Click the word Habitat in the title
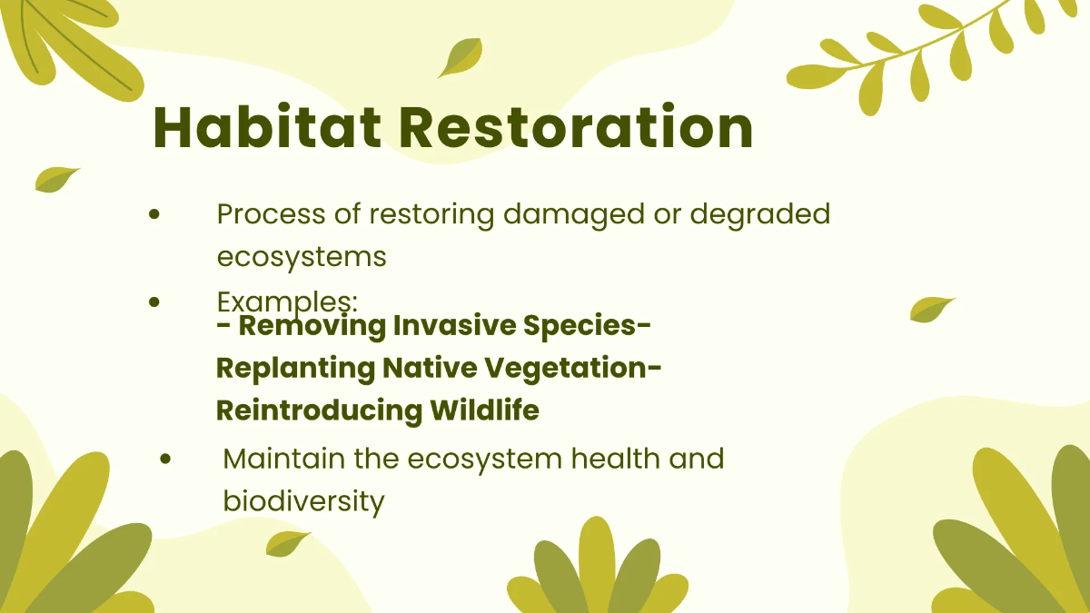[267, 126]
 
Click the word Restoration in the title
[577, 126]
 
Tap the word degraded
[760, 215]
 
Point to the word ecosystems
[302, 257]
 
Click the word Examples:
[288, 302]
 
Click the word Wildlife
[485, 410]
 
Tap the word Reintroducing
[319, 410]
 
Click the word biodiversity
[304, 500]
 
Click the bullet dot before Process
[154, 214]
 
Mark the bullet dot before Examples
[154, 302]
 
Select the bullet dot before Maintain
[165, 459]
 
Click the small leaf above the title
[461, 57]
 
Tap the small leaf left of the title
[56, 180]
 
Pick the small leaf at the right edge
[931, 310]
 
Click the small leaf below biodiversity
[287, 544]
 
